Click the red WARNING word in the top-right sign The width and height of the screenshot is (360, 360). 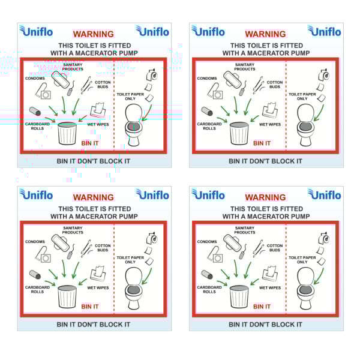265,34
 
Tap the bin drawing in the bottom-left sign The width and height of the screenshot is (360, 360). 67,296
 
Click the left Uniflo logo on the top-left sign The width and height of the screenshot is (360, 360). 36,31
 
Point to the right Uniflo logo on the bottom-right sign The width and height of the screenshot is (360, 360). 324,194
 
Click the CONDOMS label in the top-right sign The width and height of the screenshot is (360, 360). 207,78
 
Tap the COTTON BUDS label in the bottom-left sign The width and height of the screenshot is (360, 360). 103,248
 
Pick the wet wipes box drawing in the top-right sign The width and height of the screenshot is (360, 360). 270,110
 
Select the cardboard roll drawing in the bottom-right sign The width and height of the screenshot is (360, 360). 207,274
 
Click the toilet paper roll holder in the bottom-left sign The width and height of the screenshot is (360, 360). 152,238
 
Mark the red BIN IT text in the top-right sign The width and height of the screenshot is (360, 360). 262,143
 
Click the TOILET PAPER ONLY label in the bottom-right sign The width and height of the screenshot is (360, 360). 302,260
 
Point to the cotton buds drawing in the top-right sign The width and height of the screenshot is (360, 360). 258,85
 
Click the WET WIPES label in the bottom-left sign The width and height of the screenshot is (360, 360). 98,287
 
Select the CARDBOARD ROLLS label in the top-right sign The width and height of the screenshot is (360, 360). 209,126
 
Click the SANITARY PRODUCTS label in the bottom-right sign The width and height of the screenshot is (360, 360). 245,230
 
